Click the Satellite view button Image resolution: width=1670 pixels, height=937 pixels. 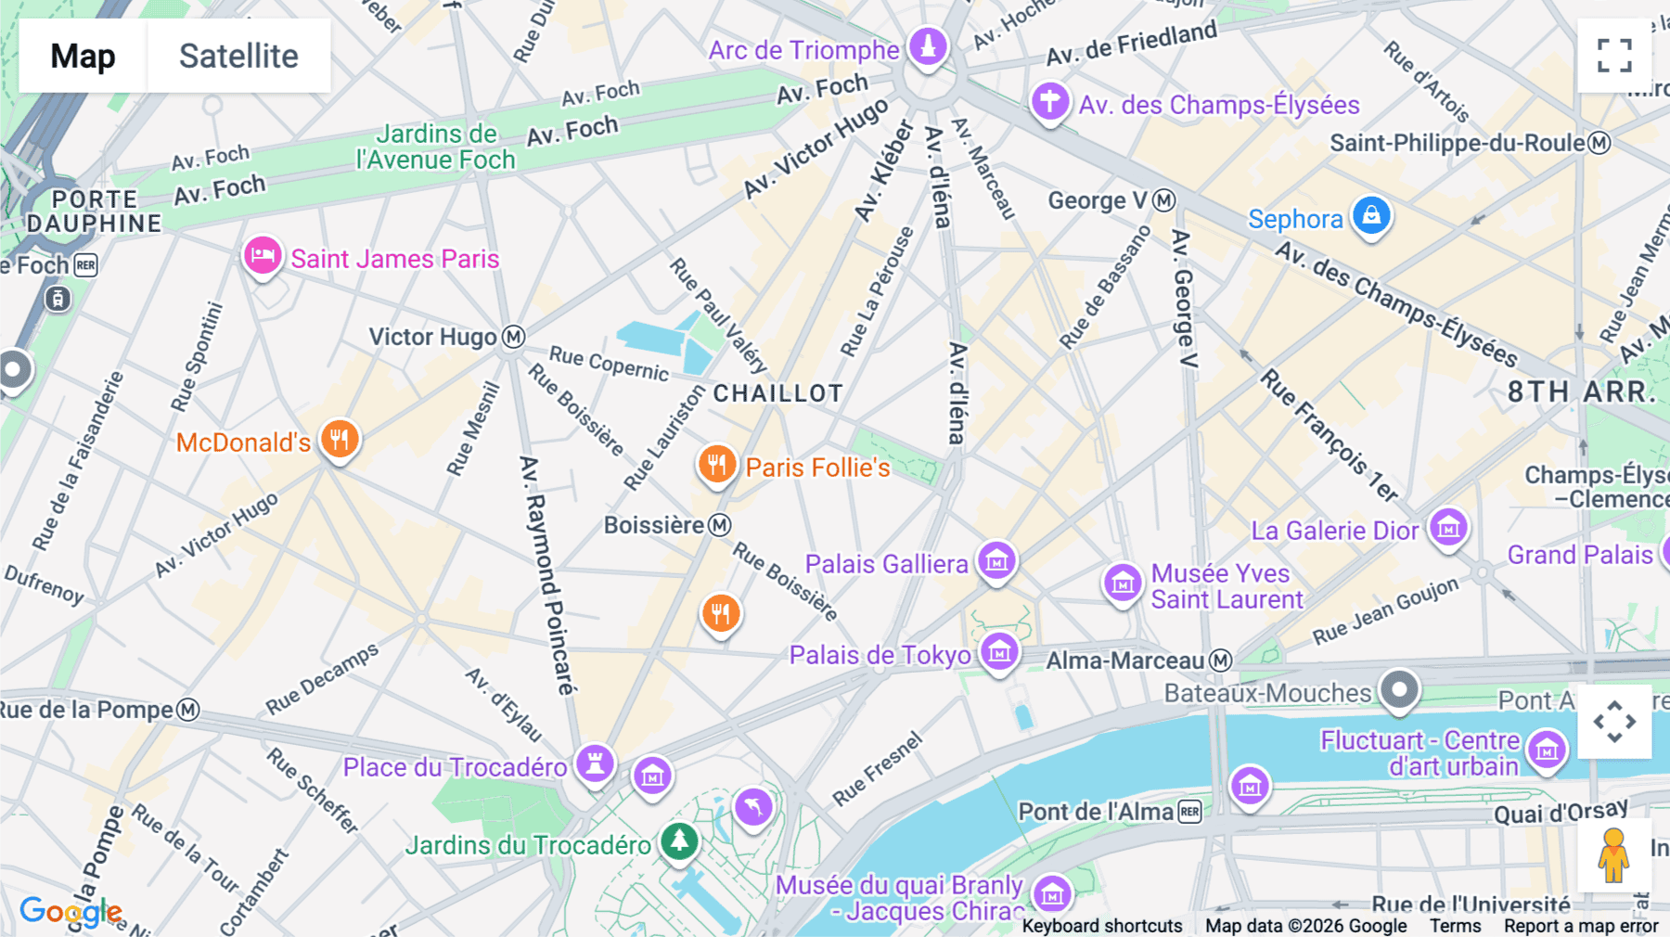click(x=238, y=56)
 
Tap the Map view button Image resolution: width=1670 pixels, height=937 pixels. click(x=83, y=56)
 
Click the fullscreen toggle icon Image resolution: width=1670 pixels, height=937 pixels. click(x=1614, y=56)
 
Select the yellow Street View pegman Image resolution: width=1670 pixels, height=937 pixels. click(x=1613, y=854)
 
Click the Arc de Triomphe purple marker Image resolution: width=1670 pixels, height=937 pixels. click(x=928, y=45)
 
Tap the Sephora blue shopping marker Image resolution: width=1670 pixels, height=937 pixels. click(x=1370, y=216)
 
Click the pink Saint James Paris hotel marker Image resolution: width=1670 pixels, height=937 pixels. click(x=263, y=255)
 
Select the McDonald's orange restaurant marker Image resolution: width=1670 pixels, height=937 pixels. click(x=340, y=440)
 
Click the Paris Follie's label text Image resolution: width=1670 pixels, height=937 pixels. click(x=817, y=468)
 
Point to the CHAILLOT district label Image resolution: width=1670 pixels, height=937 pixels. click(x=777, y=393)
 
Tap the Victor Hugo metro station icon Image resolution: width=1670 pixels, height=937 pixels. click(x=513, y=337)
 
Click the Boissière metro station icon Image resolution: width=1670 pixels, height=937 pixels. click(x=720, y=525)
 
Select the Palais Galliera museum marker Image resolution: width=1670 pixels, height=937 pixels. click(x=997, y=560)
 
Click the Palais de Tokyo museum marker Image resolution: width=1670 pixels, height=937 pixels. click(x=999, y=652)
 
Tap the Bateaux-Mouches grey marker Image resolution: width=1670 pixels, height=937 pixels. click(x=1399, y=689)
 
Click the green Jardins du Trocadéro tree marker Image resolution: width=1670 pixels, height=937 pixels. click(x=679, y=841)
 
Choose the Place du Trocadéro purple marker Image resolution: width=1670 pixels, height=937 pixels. click(x=595, y=764)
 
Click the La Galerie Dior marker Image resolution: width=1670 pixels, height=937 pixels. click(x=1448, y=528)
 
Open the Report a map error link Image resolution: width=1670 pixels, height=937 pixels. click(x=1581, y=926)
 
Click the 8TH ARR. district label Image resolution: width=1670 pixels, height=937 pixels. click(x=1581, y=391)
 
